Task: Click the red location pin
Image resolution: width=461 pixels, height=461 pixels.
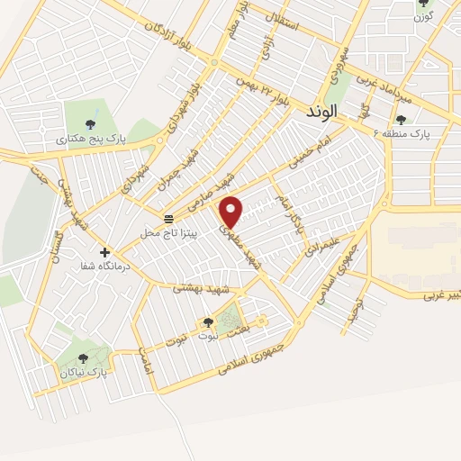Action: pos(232,212)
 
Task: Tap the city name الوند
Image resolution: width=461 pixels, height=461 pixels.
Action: pos(321,112)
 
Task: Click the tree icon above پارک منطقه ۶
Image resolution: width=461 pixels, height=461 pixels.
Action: pos(401,119)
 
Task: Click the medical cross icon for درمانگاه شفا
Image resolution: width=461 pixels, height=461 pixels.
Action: pos(105,252)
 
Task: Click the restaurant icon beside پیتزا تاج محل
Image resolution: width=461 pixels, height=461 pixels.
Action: pos(168,219)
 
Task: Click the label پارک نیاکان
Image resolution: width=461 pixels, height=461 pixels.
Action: pos(84,372)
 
